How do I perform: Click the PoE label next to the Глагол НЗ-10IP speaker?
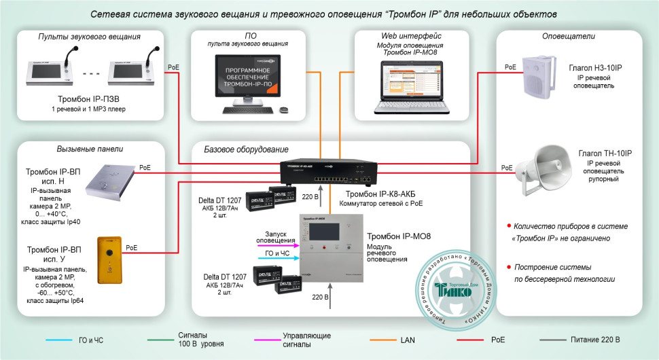[x=510, y=67]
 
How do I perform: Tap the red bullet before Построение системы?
[x=510, y=266]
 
